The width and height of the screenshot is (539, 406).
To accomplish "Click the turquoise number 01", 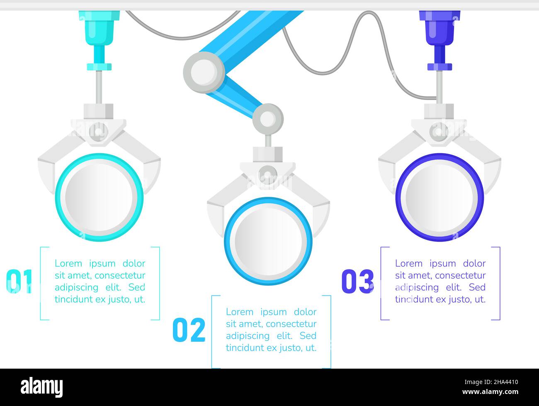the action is [19, 282].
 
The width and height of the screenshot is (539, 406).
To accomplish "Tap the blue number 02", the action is [189, 330].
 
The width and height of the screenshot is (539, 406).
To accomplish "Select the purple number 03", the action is [357, 282].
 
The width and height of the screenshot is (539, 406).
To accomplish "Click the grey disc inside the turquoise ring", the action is [99, 197].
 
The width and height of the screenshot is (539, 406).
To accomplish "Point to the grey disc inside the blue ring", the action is [268, 241].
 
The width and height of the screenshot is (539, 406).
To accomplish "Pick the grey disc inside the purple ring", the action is [439, 197].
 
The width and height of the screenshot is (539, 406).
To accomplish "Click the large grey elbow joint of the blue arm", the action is [204, 72].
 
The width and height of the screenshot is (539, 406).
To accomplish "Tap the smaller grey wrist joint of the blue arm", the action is [268, 119].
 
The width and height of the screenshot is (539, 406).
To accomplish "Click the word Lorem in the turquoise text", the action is [68, 264].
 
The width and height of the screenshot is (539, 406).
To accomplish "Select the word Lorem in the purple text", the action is [408, 264].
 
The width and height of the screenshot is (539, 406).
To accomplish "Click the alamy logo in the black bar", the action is [42, 387].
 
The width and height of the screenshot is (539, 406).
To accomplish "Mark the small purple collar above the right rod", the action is [439, 66].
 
